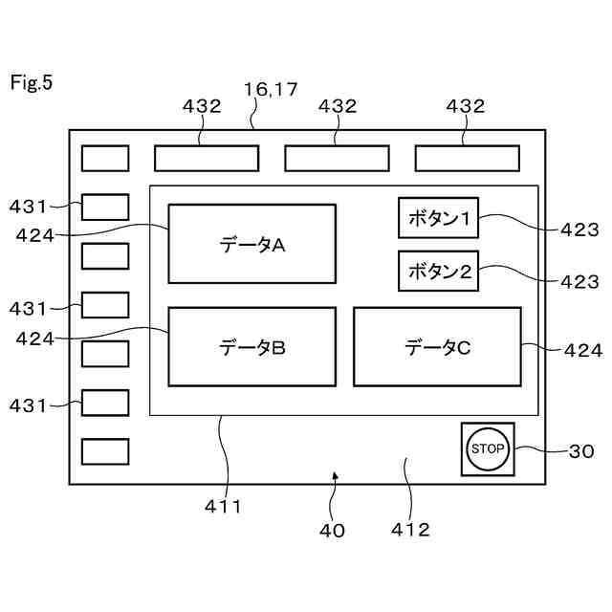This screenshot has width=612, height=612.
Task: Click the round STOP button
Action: (488, 448)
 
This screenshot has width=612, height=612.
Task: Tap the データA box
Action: (252, 244)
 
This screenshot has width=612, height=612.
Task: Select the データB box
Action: (252, 346)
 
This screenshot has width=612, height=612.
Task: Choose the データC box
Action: (437, 346)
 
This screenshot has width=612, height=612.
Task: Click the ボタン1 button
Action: (439, 219)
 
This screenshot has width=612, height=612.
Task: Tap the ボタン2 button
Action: (439, 272)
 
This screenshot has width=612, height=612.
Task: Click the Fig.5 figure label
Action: (32, 82)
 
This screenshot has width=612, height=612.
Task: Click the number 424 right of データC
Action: (583, 351)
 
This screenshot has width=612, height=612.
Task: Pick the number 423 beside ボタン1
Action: (580, 229)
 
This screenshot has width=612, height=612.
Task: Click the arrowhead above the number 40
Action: (335, 473)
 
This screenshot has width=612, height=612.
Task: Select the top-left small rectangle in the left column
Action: (105, 158)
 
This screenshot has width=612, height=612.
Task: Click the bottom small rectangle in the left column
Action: (105, 451)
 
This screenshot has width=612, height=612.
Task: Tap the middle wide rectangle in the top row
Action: (337, 158)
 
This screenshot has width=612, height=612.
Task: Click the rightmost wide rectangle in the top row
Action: (467, 158)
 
